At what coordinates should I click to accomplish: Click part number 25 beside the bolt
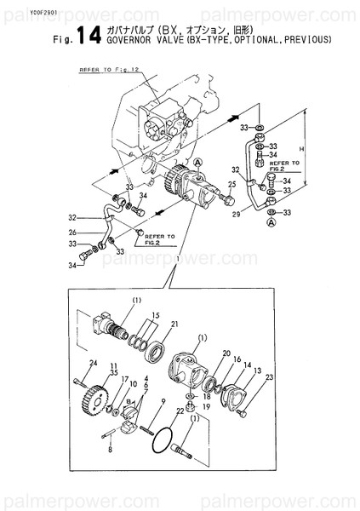[231, 184]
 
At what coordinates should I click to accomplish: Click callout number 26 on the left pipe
[74, 233]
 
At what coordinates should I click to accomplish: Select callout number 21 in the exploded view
[174, 324]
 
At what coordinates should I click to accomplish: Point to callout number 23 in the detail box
[270, 376]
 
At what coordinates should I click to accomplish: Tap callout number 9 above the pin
[163, 400]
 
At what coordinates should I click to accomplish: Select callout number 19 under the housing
[207, 407]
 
